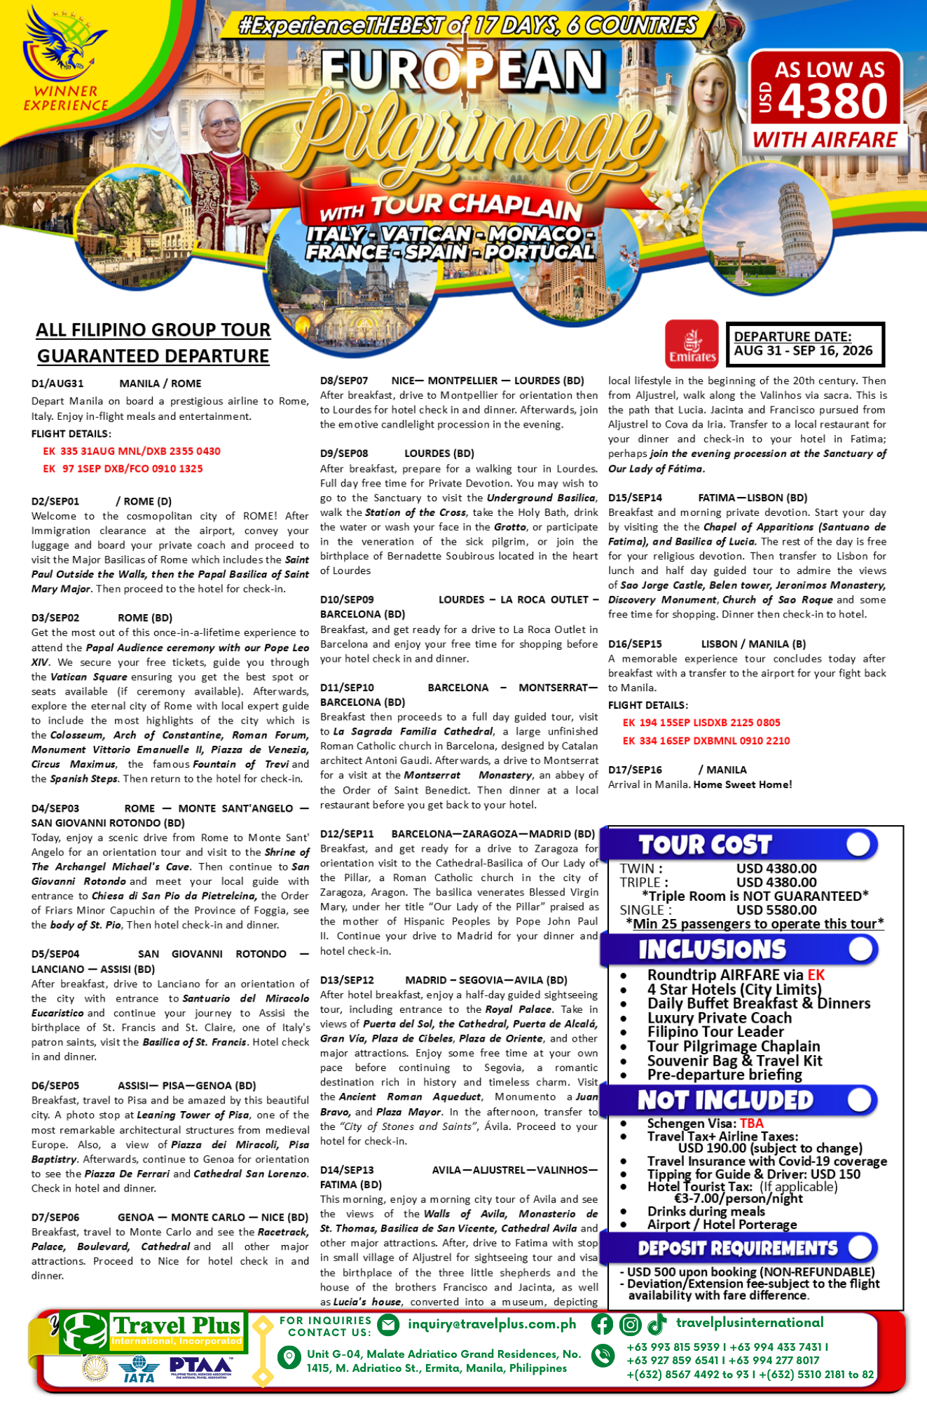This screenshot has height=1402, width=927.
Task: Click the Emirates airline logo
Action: click(x=692, y=343)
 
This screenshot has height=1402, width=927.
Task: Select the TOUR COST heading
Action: click(x=705, y=845)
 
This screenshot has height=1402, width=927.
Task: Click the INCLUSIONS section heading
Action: click(x=712, y=950)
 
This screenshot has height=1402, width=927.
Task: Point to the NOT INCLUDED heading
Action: click(x=725, y=1101)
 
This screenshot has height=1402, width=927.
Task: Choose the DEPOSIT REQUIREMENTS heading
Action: click(x=737, y=1248)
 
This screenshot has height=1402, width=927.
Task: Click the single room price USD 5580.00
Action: click(x=776, y=910)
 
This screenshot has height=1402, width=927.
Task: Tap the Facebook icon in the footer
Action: click(x=602, y=1324)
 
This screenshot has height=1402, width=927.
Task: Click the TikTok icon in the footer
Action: click(x=657, y=1324)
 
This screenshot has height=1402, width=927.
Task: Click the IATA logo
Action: click(x=139, y=1369)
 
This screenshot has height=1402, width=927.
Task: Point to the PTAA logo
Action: click(x=201, y=1367)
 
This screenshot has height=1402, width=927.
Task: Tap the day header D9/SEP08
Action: click(x=344, y=454)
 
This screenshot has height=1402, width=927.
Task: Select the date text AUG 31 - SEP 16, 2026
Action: click(x=803, y=351)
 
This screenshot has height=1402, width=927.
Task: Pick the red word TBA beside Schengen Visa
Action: click(x=752, y=1123)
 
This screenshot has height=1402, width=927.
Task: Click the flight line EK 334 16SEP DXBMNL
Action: click(x=706, y=741)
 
